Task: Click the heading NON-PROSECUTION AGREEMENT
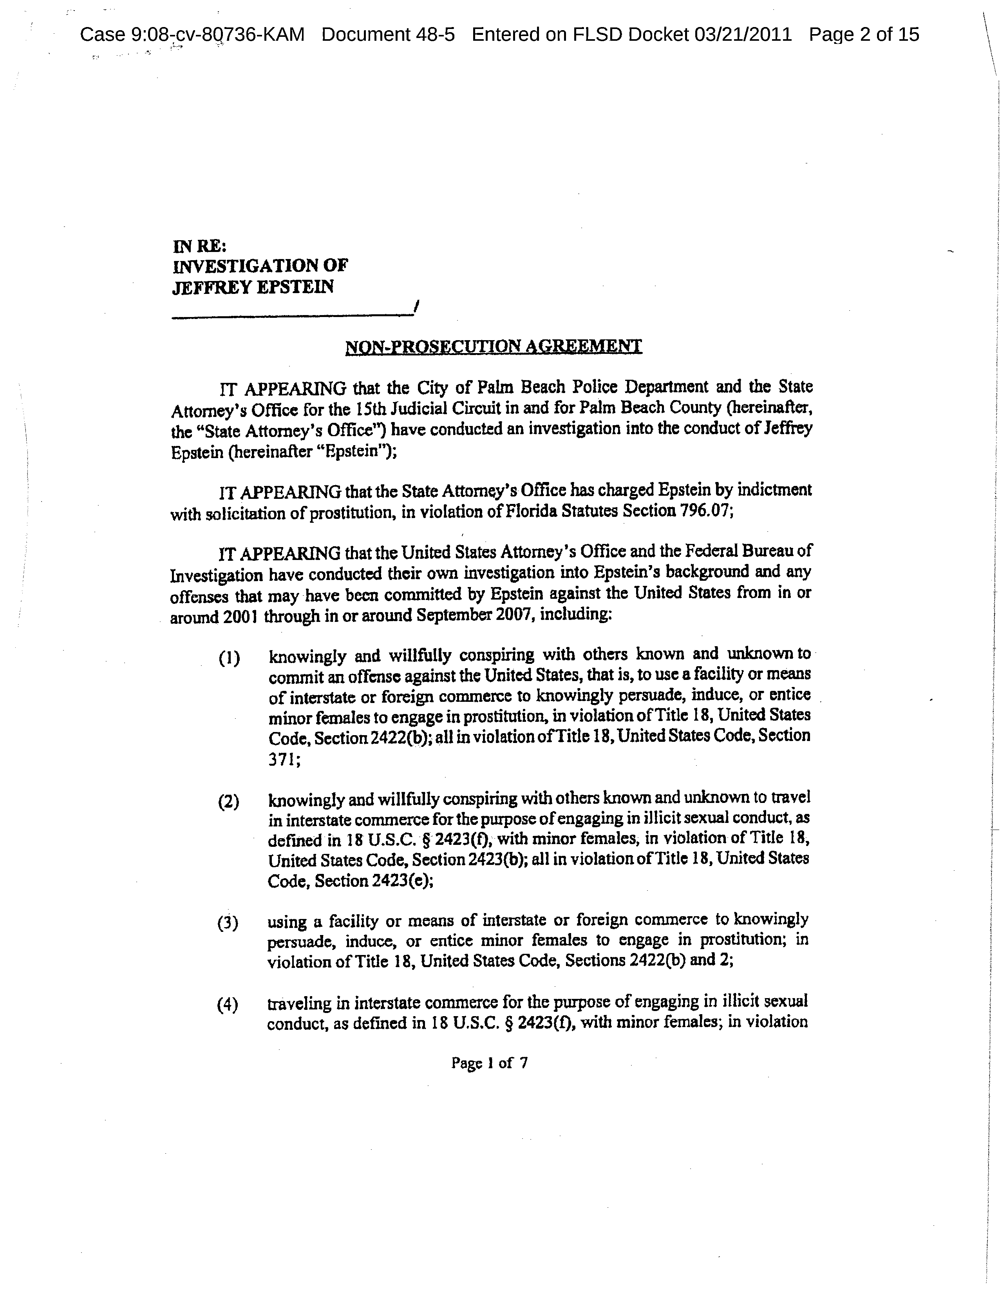(493, 347)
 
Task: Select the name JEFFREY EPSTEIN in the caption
(253, 288)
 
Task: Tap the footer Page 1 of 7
(489, 1063)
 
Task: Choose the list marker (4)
(228, 1005)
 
